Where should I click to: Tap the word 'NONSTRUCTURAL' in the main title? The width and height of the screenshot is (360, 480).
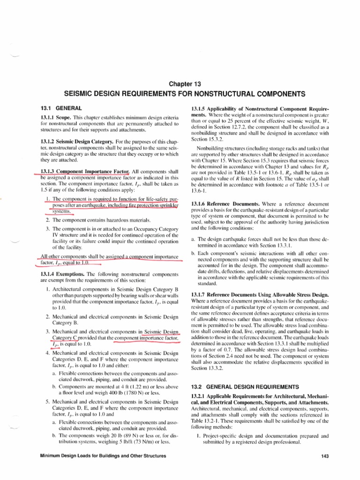[214, 94]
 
